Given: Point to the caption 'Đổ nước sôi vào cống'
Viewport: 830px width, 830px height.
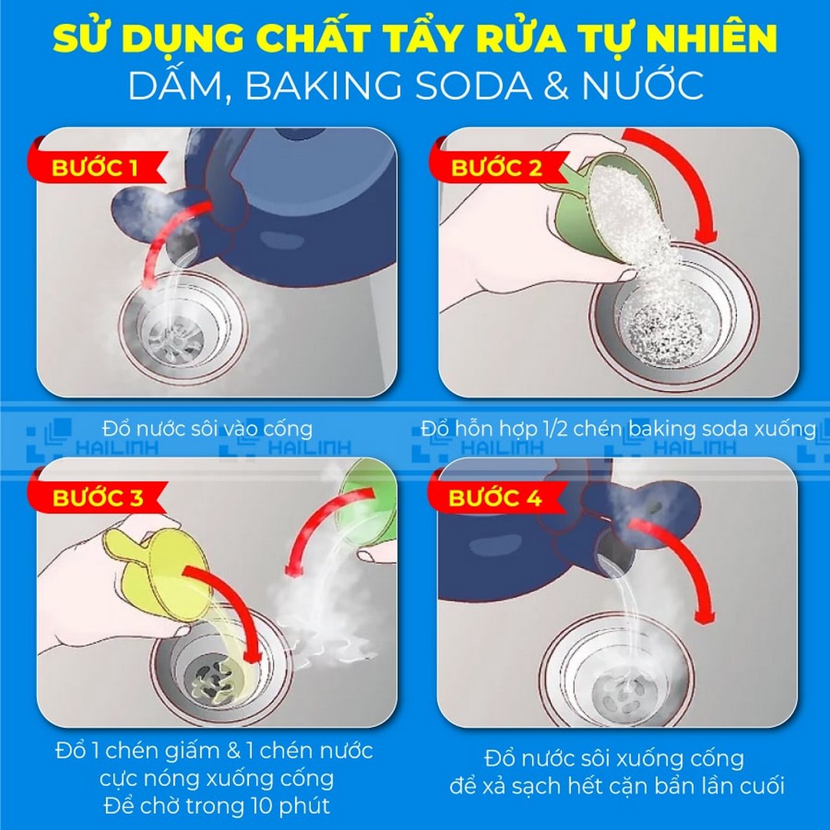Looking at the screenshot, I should pos(206,428).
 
